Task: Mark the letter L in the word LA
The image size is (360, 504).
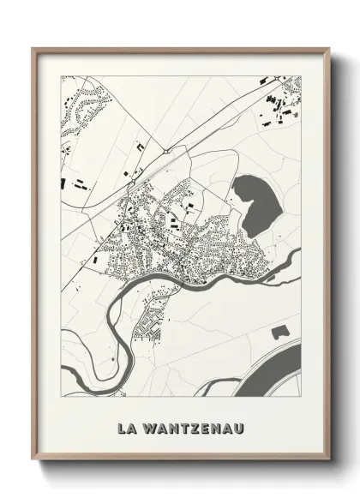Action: pos(123,424)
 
